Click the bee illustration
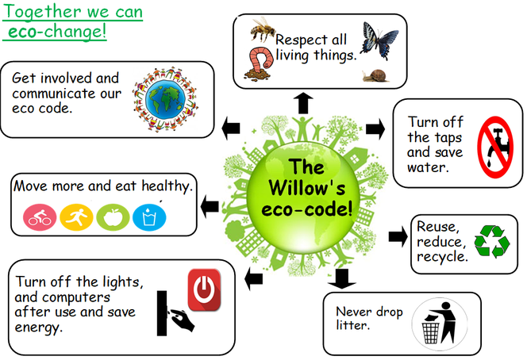tap(263, 30)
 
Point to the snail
tap(375, 76)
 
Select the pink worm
tap(260, 63)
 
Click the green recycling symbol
tap(492, 242)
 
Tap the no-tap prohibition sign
tap(495, 147)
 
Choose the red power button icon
tap(204, 289)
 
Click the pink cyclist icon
tap(40, 217)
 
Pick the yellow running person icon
tap(76, 217)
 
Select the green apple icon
tap(113, 217)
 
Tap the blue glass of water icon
tap(149, 217)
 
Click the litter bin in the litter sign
tap(430, 333)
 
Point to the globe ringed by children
tap(165, 99)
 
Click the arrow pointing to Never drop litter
tap(342, 279)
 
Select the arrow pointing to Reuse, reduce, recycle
tap(398, 236)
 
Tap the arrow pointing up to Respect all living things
tap(303, 103)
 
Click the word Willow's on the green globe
tap(307, 188)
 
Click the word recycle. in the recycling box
tap(442, 257)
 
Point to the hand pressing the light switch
tap(182, 320)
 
